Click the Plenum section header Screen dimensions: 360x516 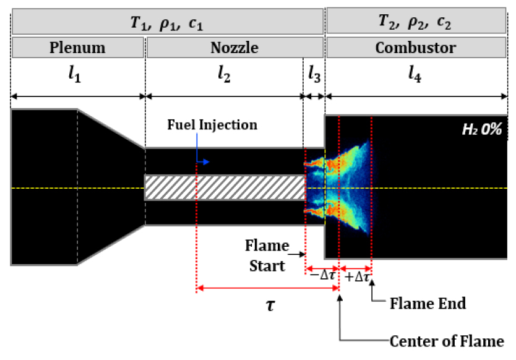(78, 48)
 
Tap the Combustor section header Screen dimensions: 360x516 (417, 48)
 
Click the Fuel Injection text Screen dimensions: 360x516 (212, 125)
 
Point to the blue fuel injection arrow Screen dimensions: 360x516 (202, 161)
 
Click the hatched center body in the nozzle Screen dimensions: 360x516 (225, 187)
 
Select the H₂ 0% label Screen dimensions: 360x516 (481, 130)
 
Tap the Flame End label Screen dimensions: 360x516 (428, 304)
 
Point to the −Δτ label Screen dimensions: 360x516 (322, 276)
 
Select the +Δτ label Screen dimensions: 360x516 (358, 276)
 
